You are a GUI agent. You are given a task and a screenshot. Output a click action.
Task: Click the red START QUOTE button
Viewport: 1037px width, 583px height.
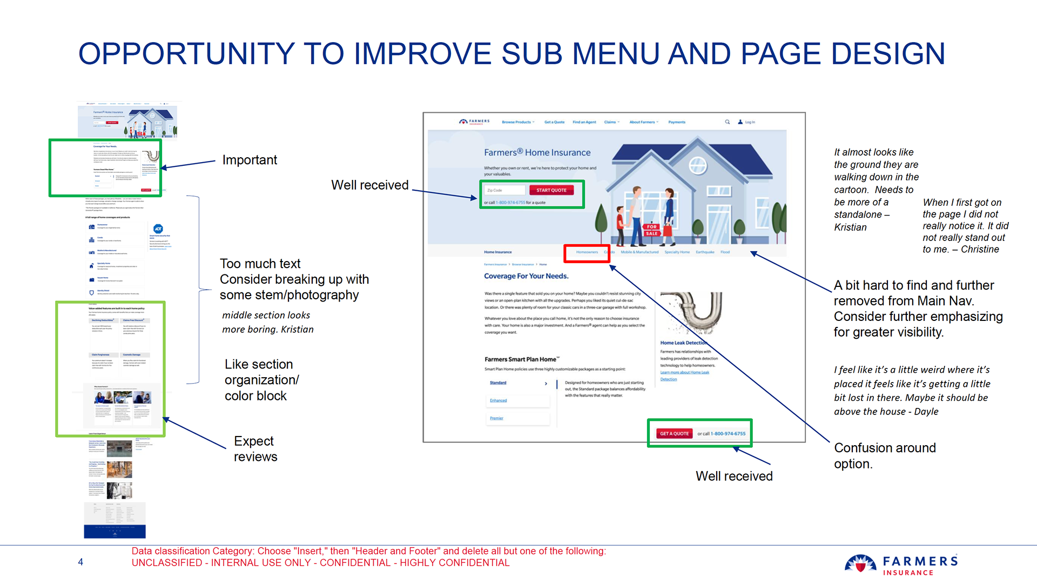click(551, 190)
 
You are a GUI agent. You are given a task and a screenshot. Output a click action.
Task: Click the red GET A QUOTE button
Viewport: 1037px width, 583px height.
click(674, 433)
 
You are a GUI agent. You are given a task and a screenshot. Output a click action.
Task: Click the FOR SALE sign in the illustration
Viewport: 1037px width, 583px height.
click(652, 230)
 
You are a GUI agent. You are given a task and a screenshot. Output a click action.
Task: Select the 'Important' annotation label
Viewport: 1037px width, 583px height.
click(250, 160)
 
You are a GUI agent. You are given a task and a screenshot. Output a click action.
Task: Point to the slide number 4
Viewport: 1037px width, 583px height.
click(80, 562)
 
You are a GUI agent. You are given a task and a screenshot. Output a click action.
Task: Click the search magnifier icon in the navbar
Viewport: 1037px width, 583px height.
click(728, 122)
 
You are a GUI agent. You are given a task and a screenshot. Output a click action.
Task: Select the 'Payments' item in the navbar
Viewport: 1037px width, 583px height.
click(677, 122)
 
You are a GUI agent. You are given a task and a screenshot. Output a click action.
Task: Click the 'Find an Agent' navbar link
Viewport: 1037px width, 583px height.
click(584, 122)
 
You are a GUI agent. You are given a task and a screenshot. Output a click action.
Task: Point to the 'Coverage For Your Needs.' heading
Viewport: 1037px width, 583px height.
click(526, 276)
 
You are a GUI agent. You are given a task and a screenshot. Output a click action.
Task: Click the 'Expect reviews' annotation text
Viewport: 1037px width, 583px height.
click(255, 449)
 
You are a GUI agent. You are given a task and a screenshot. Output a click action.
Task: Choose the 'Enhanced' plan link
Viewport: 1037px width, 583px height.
click(498, 400)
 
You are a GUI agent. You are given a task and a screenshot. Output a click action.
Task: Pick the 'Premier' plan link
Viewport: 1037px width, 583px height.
click(496, 418)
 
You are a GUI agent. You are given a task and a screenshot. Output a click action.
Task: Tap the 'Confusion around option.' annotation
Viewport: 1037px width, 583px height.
click(885, 455)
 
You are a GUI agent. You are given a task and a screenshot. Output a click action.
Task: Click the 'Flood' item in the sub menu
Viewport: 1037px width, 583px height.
click(725, 252)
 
